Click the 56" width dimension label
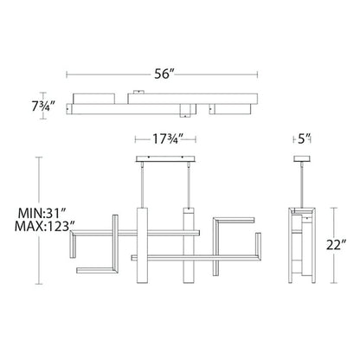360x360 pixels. [x=164, y=74]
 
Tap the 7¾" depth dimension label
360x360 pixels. [x=43, y=106]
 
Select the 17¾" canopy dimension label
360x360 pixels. [x=168, y=139]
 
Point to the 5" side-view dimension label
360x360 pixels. [x=302, y=139]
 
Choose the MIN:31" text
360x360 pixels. [x=42, y=214]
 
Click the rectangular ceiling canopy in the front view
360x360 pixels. [x=165, y=159]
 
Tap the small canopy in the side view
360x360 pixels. [x=302, y=158]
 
